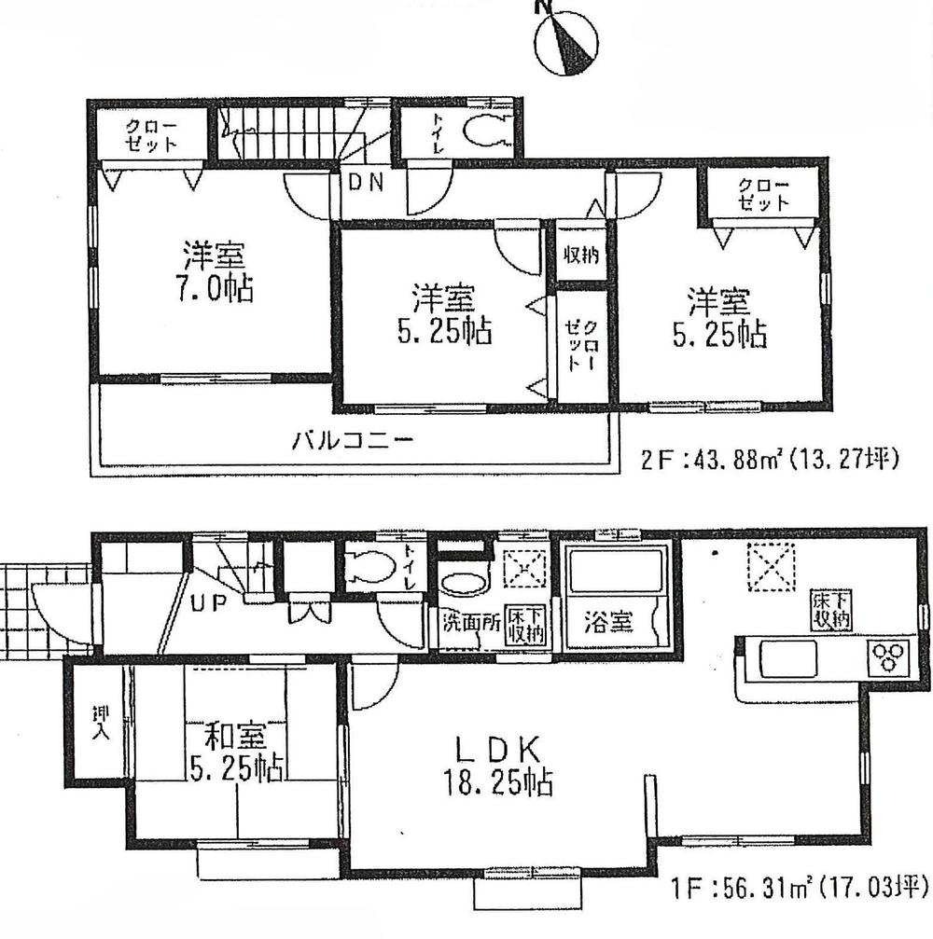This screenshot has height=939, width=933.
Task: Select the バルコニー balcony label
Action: coord(351,441)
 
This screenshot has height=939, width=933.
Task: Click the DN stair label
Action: coord(366,184)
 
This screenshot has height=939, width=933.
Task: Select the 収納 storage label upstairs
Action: coord(580,253)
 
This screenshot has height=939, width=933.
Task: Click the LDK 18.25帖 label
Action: coord(499,764)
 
